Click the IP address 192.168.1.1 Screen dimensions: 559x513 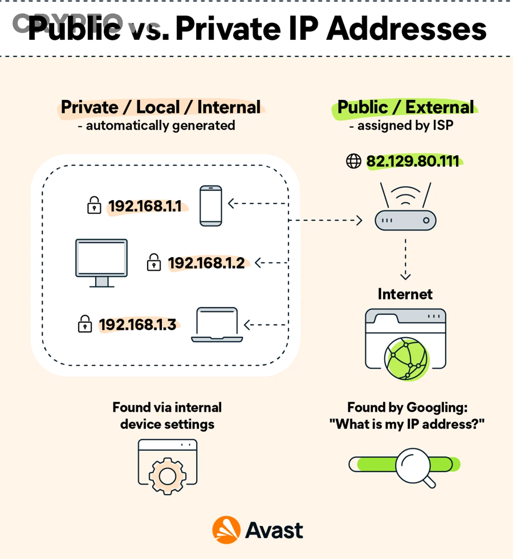pyautogui.click(x=145, y=206)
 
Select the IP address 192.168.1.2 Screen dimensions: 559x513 pyautogui.click(x=206, y=263)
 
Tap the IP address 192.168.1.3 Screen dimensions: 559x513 pyautogui.click(x=137, y=325)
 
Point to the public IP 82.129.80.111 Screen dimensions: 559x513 pyautogui.click(x=413, y=161)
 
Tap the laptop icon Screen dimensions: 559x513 pyautogui.click(x=217, y=325)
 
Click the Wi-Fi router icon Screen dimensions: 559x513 pyautogui.click(x=405, y=209)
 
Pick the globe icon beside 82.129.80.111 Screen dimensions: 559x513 pyautogui.click(x=354, y=161)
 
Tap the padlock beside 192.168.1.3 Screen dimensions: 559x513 pyautogui.click(x=85, y=324)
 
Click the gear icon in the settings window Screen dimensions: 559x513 pyautogui.click(x=167, y=474)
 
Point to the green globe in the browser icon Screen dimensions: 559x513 pyautogui.click(x=405, y=358)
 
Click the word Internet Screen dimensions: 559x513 pyautogui.click(x=405, y=294)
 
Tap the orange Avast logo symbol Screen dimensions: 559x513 pyautogui.click(x=225, y=530)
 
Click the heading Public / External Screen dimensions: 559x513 pyautogui.click(x=405, y=107)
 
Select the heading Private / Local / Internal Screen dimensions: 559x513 pyautogui.click(x=160, y=107)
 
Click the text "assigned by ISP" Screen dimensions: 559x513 pyautogui.click(x=405, y=125)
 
